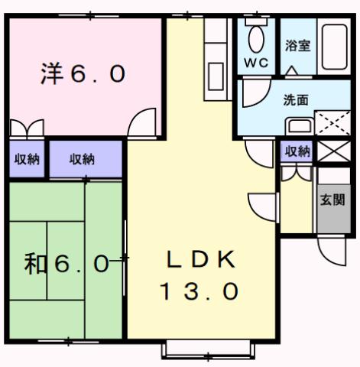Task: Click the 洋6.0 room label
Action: coord(82,74)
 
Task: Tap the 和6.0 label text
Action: coord(66,265)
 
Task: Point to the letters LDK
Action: coord(199,259)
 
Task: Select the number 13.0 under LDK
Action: coord(199,291)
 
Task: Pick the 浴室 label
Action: coord(297,45)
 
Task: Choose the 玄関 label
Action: coord(332,201)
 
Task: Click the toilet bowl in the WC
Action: coord(256,36)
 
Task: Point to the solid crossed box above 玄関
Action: coord(332,151)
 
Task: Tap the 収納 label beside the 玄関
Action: coord(297,151)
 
